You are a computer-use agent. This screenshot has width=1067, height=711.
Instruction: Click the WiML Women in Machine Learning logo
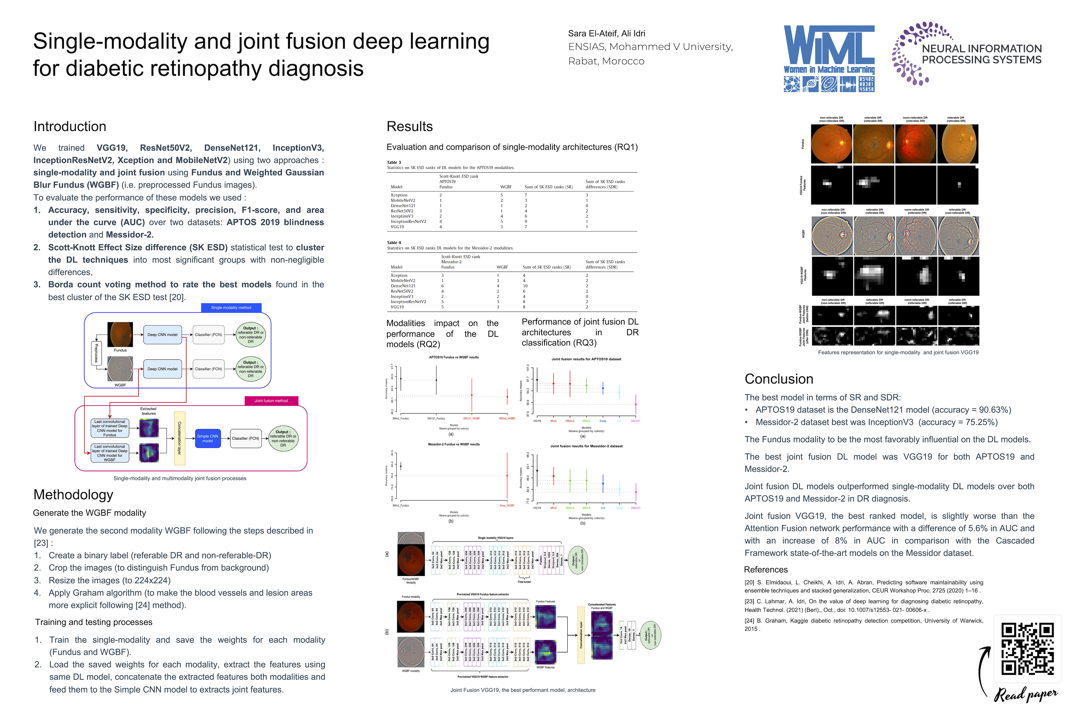(x=829, y=58)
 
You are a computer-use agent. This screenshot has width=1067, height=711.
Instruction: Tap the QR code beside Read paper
(x=1027, y=649)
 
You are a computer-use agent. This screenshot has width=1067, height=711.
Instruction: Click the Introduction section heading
(x=70, y=126)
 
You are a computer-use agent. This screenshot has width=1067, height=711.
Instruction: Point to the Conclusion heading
(x=779, y=379)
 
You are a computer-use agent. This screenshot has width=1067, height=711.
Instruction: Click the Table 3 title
(x=394, y=162)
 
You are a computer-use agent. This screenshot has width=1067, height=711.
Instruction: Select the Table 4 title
(x=394, y=243)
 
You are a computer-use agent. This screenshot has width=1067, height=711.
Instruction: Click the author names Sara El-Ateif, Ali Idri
(x=607, y=34)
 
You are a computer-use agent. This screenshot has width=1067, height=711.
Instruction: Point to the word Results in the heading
(x=410, y=126)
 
